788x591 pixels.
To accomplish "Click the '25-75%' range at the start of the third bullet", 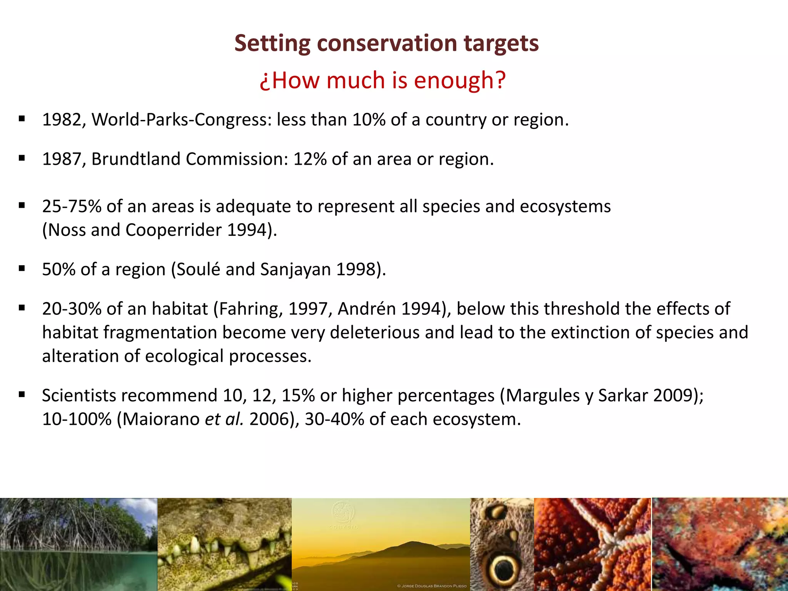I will pyautogui.click(x=71, y=206).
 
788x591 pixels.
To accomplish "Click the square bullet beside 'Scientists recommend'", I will pyautogui.click(x=22, y=394).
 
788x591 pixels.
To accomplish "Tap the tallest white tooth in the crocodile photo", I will pyautogui.click(x=195, y=544).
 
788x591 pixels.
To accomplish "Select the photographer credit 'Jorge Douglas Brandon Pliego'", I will pyautogui.click(x=431, y=586).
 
